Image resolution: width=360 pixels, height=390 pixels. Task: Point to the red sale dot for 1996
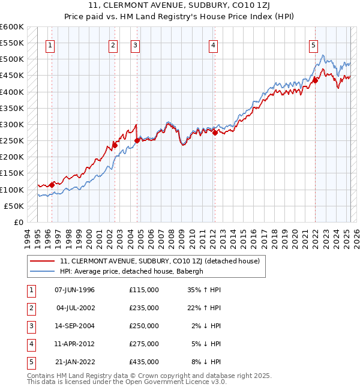pos(52,185)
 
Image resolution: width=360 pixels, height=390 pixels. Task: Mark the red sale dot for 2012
pos(215,133)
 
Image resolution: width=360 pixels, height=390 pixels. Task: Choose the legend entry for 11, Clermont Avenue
pos(160,261)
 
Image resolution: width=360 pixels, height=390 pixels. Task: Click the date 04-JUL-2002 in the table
pos(75,308)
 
